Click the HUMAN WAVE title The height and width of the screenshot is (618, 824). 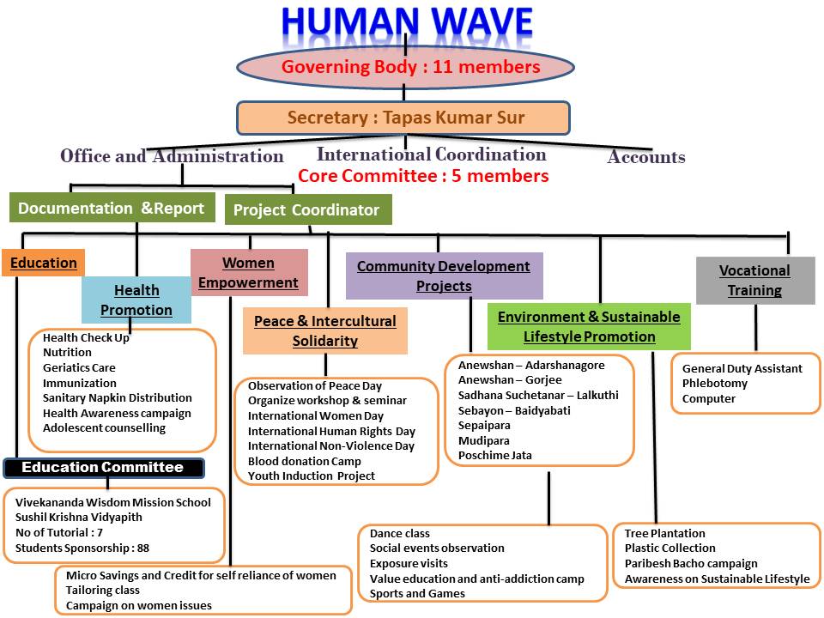click(407, 24)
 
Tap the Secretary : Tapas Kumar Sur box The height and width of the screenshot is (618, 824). click(405, 118)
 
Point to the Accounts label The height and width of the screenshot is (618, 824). click(645, 156)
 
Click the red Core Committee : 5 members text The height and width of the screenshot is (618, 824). click(423, 176)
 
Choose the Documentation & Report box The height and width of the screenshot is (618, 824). click(112, 208)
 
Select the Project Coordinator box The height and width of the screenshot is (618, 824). click(307, 209)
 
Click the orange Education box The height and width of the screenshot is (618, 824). click(43, 263)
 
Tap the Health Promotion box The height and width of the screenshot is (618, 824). click(136, 300)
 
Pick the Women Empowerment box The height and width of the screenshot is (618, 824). click(248, 272)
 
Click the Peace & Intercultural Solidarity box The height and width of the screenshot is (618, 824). click(324, 330)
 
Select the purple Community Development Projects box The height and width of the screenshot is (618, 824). click(444, 276)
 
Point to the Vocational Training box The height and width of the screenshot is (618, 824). click(754, 280)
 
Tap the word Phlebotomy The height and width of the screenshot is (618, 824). click(714, 384)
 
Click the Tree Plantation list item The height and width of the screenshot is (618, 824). click(664, 533)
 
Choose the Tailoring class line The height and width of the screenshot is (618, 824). click(103, 591)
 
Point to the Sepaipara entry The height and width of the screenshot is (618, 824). click(484, 425)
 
